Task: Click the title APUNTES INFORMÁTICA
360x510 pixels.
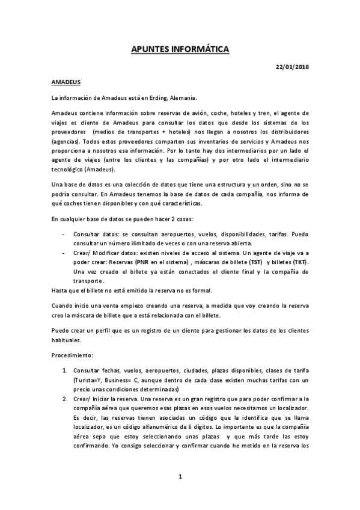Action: tap(180, 49)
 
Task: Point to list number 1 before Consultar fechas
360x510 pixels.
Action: tap(65, 370)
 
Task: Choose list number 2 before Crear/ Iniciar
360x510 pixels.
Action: tap(65, 399)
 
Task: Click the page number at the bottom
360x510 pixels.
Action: tap(180, 476)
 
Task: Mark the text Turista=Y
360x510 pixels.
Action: tap(88, 380)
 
